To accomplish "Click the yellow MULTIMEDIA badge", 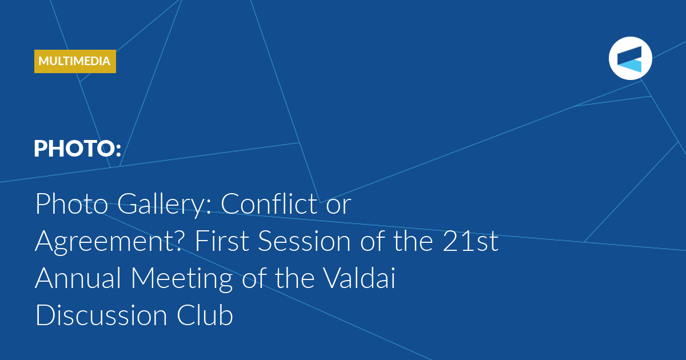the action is (x=75, y=61).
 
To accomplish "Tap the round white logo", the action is (x=630, y=58).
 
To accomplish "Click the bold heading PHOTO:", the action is (x=78, y=149).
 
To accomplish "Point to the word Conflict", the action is (x=269, y=203).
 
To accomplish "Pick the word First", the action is (x=222, y=241).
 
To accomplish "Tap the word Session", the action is (x=304, y=241).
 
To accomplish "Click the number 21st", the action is (x=470, y=241).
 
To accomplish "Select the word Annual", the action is (x=78, y=278).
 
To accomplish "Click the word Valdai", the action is (x=360, y=278).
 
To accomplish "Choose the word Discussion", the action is (x=101, y=315).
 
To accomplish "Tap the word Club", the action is (x=205, y=315).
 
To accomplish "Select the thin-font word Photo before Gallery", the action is (x=71, y=203).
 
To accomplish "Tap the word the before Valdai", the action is (x=294, y=278).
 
